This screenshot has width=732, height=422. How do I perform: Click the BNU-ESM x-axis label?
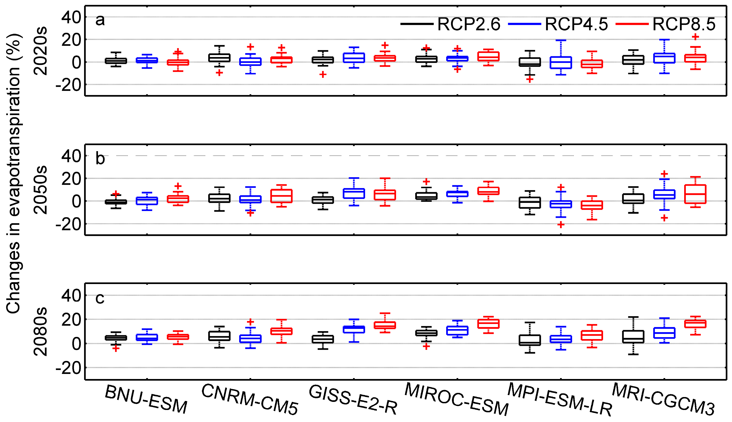tap(146, 399)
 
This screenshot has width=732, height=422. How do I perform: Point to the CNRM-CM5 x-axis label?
tap(250, 399)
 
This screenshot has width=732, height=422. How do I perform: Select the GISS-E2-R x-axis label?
tap(353, 399)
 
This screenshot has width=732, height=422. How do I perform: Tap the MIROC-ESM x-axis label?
tap(456, 399)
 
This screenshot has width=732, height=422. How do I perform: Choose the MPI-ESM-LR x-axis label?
tap(560, 399)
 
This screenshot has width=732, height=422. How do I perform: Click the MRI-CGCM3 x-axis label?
tap(663, 399)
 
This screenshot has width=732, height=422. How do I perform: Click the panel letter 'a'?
tap(100, 20)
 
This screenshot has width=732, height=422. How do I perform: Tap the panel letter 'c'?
tap(100, 298)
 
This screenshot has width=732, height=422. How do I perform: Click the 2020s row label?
tap(40, 51)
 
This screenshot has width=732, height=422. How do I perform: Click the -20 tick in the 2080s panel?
tap(68, 368)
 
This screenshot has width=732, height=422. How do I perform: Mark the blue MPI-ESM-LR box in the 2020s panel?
tap(561, 63)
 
